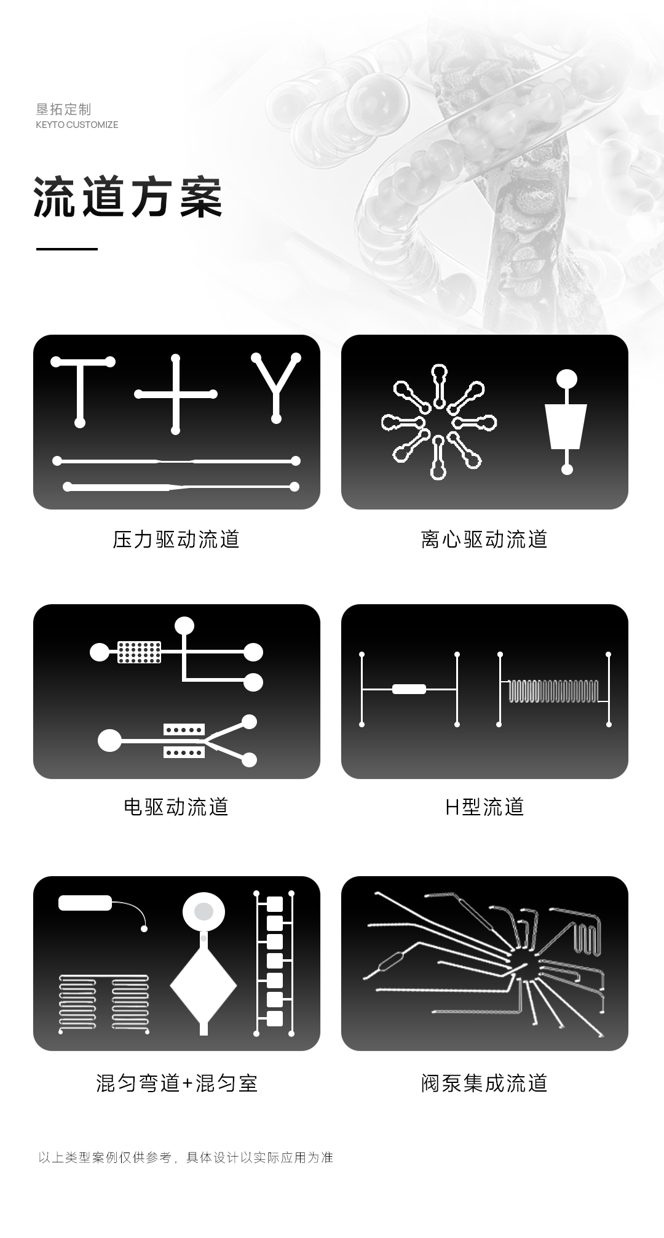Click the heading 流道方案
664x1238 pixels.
click(128, 198)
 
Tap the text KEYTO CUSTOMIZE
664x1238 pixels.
click(77, 125)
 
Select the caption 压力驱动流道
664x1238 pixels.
click(176, 540)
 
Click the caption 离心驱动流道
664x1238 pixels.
click(484, 540)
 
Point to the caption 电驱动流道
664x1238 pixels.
click(176, 807)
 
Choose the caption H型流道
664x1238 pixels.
click(484, 807)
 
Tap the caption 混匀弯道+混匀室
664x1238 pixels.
click(176, 1083)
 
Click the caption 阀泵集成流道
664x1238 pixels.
click(484, 1083)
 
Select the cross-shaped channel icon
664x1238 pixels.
click(176, 394)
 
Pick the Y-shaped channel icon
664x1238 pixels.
click(276, 388)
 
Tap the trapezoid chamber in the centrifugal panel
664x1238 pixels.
click(566, 426)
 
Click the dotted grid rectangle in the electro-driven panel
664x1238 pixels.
click(140, 652)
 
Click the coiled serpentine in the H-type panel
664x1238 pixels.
click(553, 691)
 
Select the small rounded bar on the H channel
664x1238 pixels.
click(409, 689)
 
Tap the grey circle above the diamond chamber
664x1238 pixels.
click(204, 911)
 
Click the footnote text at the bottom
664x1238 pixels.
click(186, 1157)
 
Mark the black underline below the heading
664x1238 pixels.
click(67, 249)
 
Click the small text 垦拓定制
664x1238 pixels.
click(63, 110)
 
